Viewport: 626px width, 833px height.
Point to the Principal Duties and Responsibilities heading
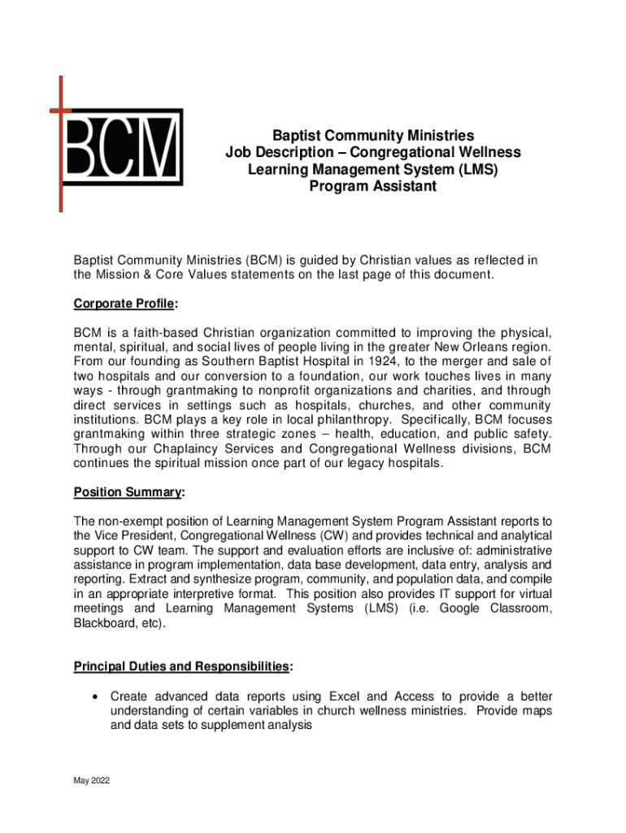[181, 667]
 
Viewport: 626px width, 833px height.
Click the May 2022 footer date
[91, 781]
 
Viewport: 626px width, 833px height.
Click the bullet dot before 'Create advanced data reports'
[97, 697]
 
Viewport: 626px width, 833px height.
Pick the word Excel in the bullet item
[346, 696]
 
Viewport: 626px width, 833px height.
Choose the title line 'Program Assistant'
[373, 187]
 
